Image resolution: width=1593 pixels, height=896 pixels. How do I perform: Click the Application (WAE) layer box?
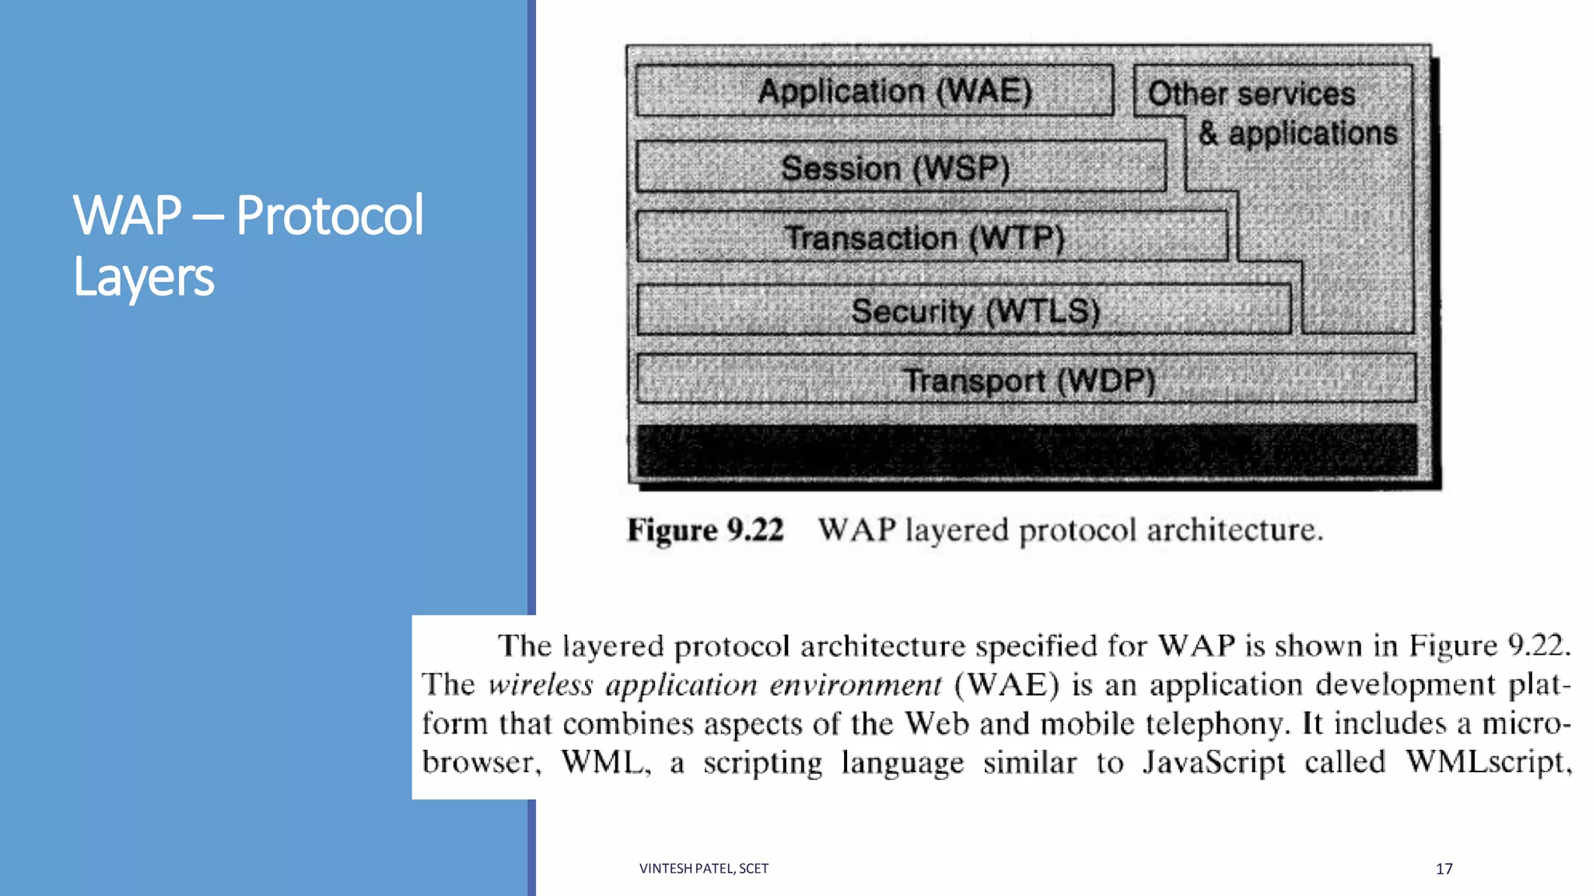(x=874, y=91)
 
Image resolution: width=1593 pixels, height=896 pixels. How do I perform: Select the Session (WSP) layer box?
(x=901, y=167)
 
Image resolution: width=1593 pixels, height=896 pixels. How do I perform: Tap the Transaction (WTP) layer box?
(x=931, y=237)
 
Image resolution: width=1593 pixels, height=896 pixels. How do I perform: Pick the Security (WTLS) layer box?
(x=964, y=310)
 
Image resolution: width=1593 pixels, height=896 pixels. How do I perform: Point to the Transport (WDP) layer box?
(x=1026, y=380)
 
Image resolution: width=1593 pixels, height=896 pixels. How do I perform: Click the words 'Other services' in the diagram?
(x=1252, y=93)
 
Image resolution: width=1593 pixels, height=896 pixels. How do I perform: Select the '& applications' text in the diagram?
(x=1297, y=133)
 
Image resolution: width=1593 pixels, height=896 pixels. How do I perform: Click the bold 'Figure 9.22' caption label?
(x=705, y=530)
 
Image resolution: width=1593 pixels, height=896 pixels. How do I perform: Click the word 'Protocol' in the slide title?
(x=329, y=215)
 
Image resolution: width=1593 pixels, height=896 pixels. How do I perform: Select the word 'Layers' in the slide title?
(x=144, y=277)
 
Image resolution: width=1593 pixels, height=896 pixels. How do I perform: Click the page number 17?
(x=1444, y=869)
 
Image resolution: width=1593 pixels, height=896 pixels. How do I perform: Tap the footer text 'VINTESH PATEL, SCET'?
(x=703, y=869)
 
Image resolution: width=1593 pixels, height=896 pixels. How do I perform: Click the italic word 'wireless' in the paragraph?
(x=541, y=685)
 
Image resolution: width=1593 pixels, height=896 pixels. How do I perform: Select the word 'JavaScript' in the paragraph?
(x=1213, y=762)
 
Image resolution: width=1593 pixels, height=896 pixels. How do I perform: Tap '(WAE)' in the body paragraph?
(x=1007, y=685)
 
